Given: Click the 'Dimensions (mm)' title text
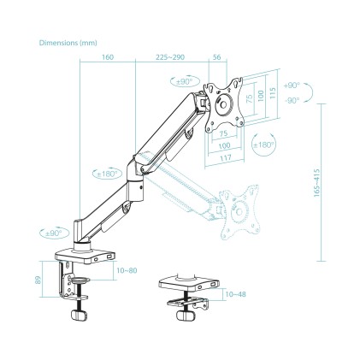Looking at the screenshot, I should tap(67, 41).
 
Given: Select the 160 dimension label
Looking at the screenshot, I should tap(107, 59).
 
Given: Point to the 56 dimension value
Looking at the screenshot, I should tap(216, 59).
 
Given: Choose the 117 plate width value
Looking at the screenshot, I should tap(224, 157).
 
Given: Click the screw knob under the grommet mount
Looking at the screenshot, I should tap(184, 316).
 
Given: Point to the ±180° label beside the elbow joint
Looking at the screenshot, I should tap(107, 174).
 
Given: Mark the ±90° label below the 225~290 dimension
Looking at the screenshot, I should tap(182, 81).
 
